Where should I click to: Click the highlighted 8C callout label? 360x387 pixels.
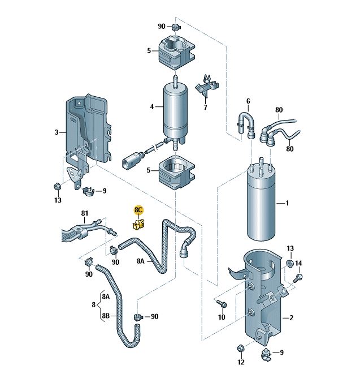tap(138, 210)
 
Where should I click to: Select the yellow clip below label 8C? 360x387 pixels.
tap(138, 224)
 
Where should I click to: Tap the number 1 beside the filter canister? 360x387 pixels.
tap(287, 203)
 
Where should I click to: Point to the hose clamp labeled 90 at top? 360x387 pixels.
tap(176, 27)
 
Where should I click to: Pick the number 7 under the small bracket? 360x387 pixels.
tap(205, 107)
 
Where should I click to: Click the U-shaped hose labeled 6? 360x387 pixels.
tap(246, 125)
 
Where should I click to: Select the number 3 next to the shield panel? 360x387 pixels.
tap(57, 132)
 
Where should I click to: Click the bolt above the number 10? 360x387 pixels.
tap(222, 303)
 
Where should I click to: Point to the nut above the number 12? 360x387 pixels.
tap(241, 349)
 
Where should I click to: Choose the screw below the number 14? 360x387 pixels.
tap(298, 278)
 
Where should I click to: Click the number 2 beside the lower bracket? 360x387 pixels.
tap(291, 317)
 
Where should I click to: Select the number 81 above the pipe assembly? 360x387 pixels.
tap(85, 213)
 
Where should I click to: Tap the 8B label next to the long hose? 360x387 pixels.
tap(106, 316)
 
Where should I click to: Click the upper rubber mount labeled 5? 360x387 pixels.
tap(176, 52)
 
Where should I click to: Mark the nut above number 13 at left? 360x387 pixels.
tap(57, 186)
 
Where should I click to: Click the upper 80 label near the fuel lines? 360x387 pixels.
tap(279, 110)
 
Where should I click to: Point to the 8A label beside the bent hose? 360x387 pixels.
tap(141, 261)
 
